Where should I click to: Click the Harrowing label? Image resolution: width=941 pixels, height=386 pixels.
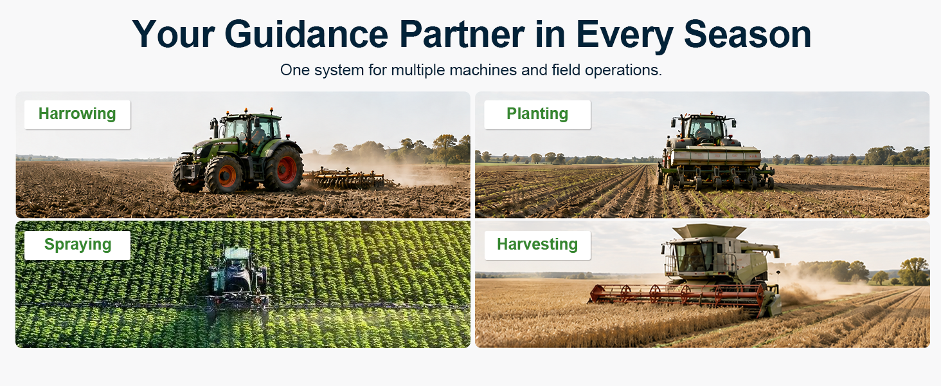coord(77,114)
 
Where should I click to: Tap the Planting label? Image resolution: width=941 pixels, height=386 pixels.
coord(537,114)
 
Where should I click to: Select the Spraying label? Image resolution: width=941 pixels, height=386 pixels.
coord(78,244)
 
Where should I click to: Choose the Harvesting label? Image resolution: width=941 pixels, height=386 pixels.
coord(537,244)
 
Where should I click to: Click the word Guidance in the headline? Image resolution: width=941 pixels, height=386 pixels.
coord(306,35)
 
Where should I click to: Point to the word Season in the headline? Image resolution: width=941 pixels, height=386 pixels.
coord(748,35)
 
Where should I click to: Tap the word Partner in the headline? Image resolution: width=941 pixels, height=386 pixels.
coord(462,35)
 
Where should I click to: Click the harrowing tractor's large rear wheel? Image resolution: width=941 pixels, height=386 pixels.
coord(284,168)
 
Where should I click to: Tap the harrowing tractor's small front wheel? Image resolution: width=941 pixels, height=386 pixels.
coord(224,174)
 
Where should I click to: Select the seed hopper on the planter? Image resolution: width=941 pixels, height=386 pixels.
coord(715,156)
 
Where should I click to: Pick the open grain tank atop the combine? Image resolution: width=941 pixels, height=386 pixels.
coord(709,230)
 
